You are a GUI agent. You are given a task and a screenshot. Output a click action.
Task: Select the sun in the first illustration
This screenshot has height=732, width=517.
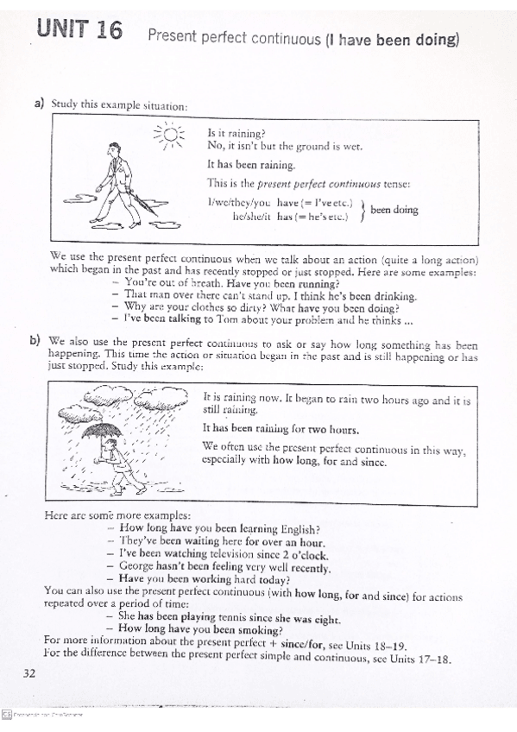pyautogui.click(x=170, y=136)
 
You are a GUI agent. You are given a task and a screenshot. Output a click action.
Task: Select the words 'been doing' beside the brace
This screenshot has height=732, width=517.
pyautogui.click(x=394, y=210)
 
